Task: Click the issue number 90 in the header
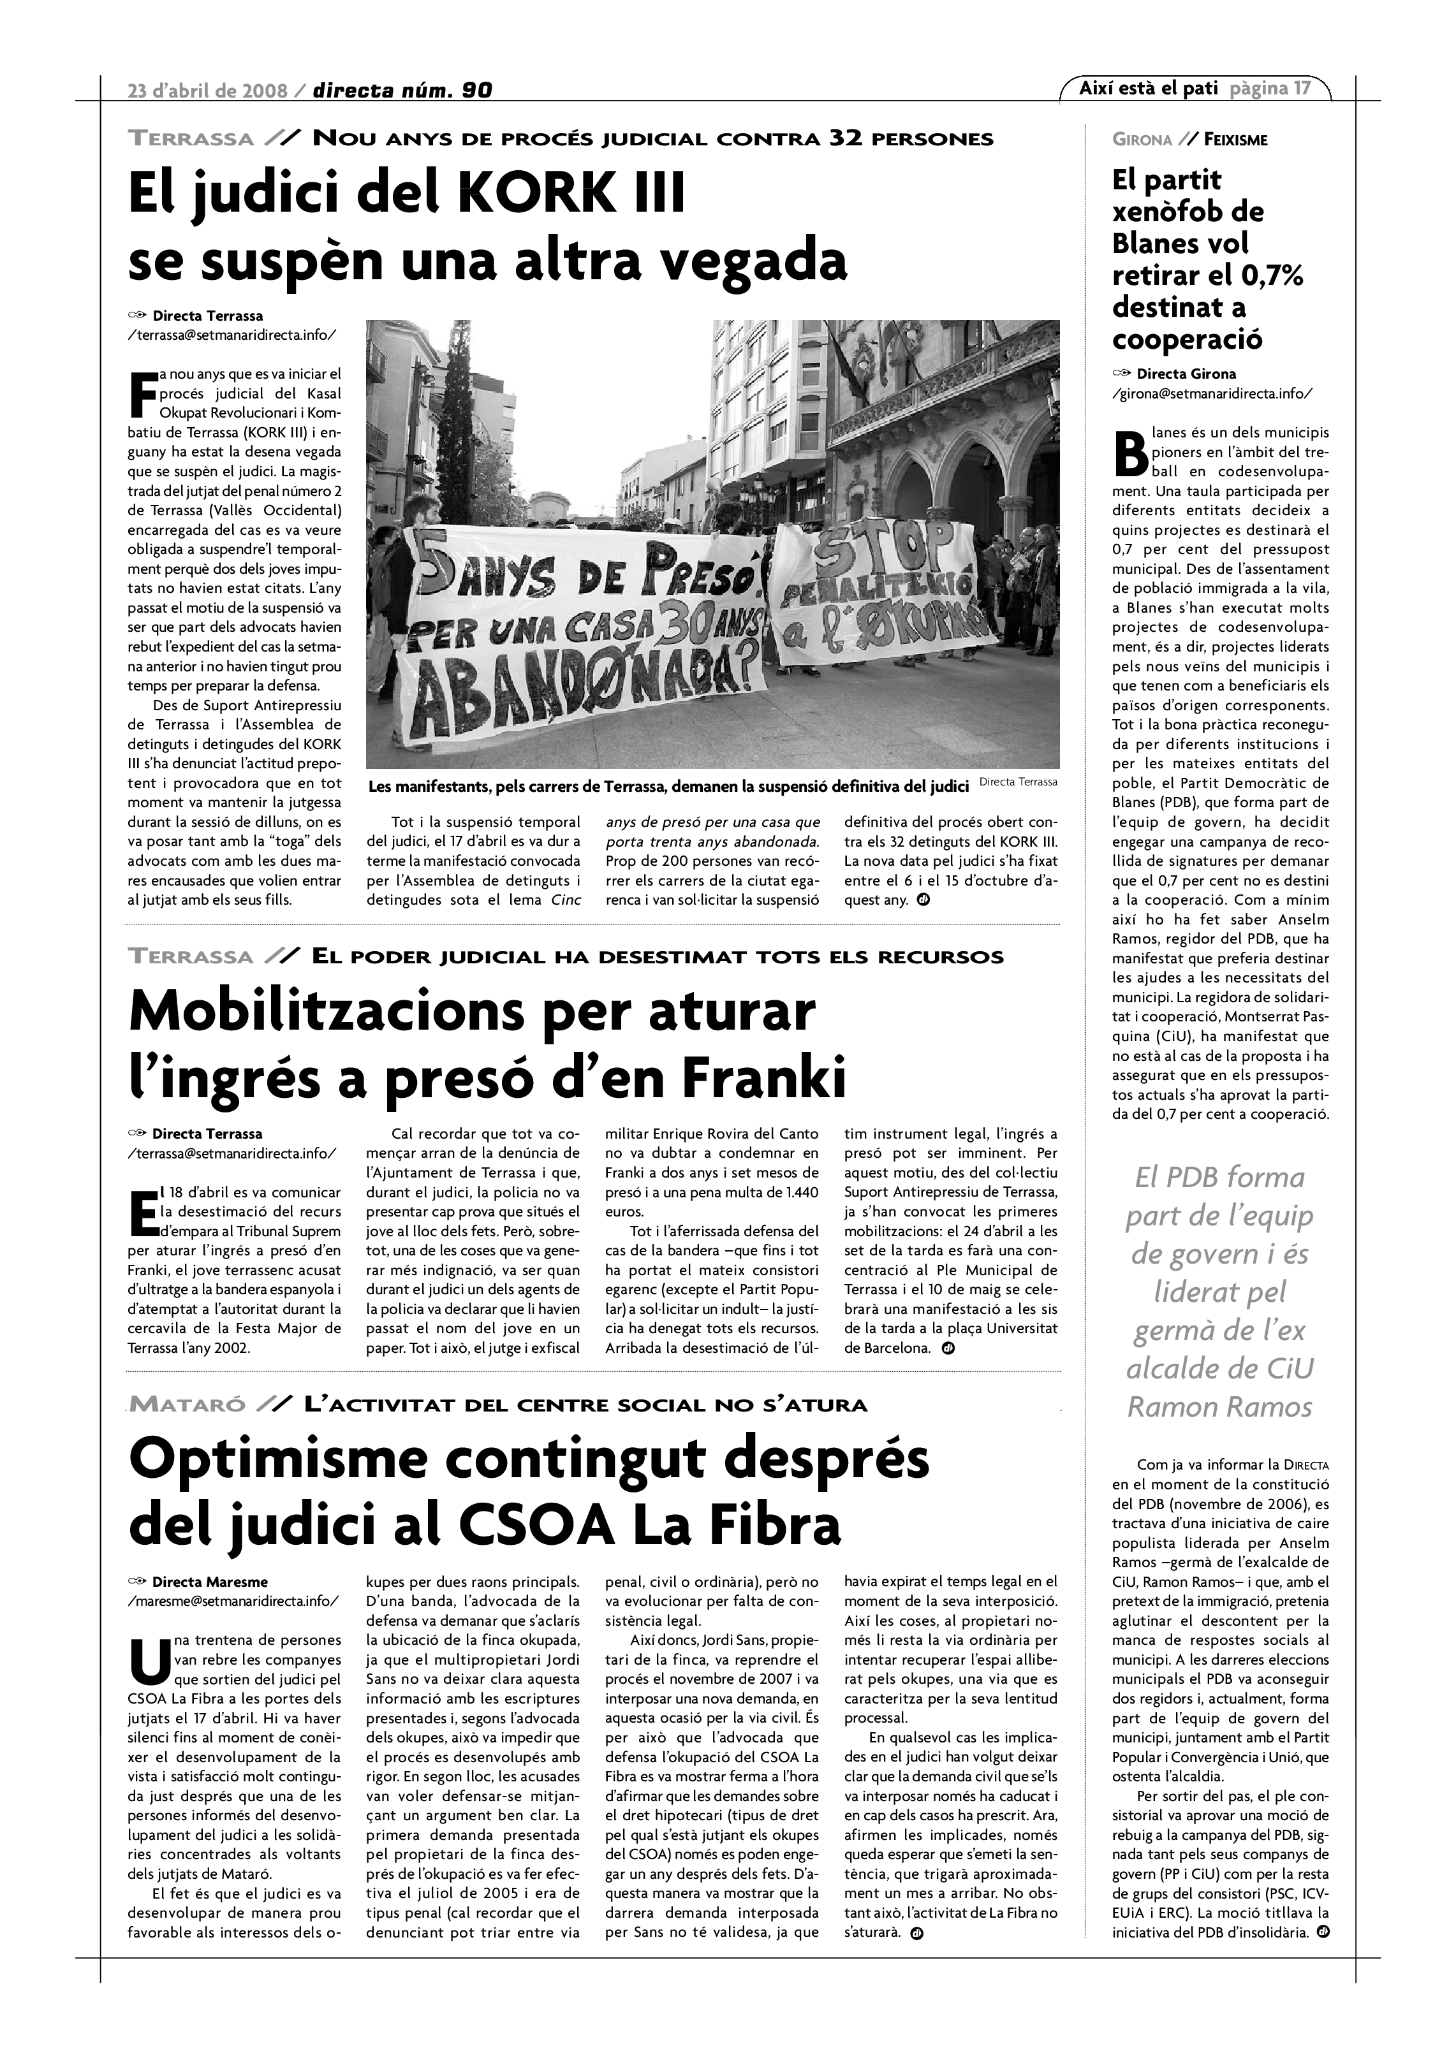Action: click(477, 91)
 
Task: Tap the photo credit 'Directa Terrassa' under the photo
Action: click(1018, 782)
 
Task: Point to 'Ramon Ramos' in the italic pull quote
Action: click(1219, 1406)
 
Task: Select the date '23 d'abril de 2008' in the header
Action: click(208, 91)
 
